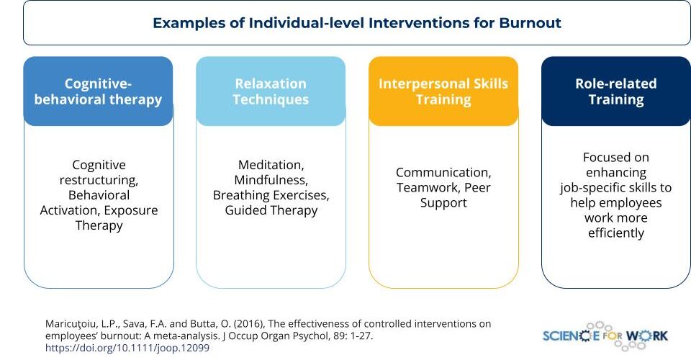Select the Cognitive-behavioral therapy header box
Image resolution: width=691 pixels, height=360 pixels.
click(99, 91)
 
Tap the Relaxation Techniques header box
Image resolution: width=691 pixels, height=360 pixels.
click(271, 91)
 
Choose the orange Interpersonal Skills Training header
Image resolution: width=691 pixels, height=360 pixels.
click(443, 91)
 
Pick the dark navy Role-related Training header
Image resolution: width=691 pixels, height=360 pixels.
click(616, 91)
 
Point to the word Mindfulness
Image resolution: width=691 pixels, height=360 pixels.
click(271, 180)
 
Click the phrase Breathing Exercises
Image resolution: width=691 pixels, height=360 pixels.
click(271, 195)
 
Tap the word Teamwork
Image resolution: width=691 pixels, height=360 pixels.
click(427, 188)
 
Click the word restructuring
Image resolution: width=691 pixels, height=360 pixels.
click(99, 180)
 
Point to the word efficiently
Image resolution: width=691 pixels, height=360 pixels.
click(616, 233)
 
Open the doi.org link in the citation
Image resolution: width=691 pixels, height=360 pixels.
click(127, 348)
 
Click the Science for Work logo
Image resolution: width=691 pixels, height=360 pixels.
click(605, 336)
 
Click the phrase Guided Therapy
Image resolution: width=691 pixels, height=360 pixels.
click(271, 211)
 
